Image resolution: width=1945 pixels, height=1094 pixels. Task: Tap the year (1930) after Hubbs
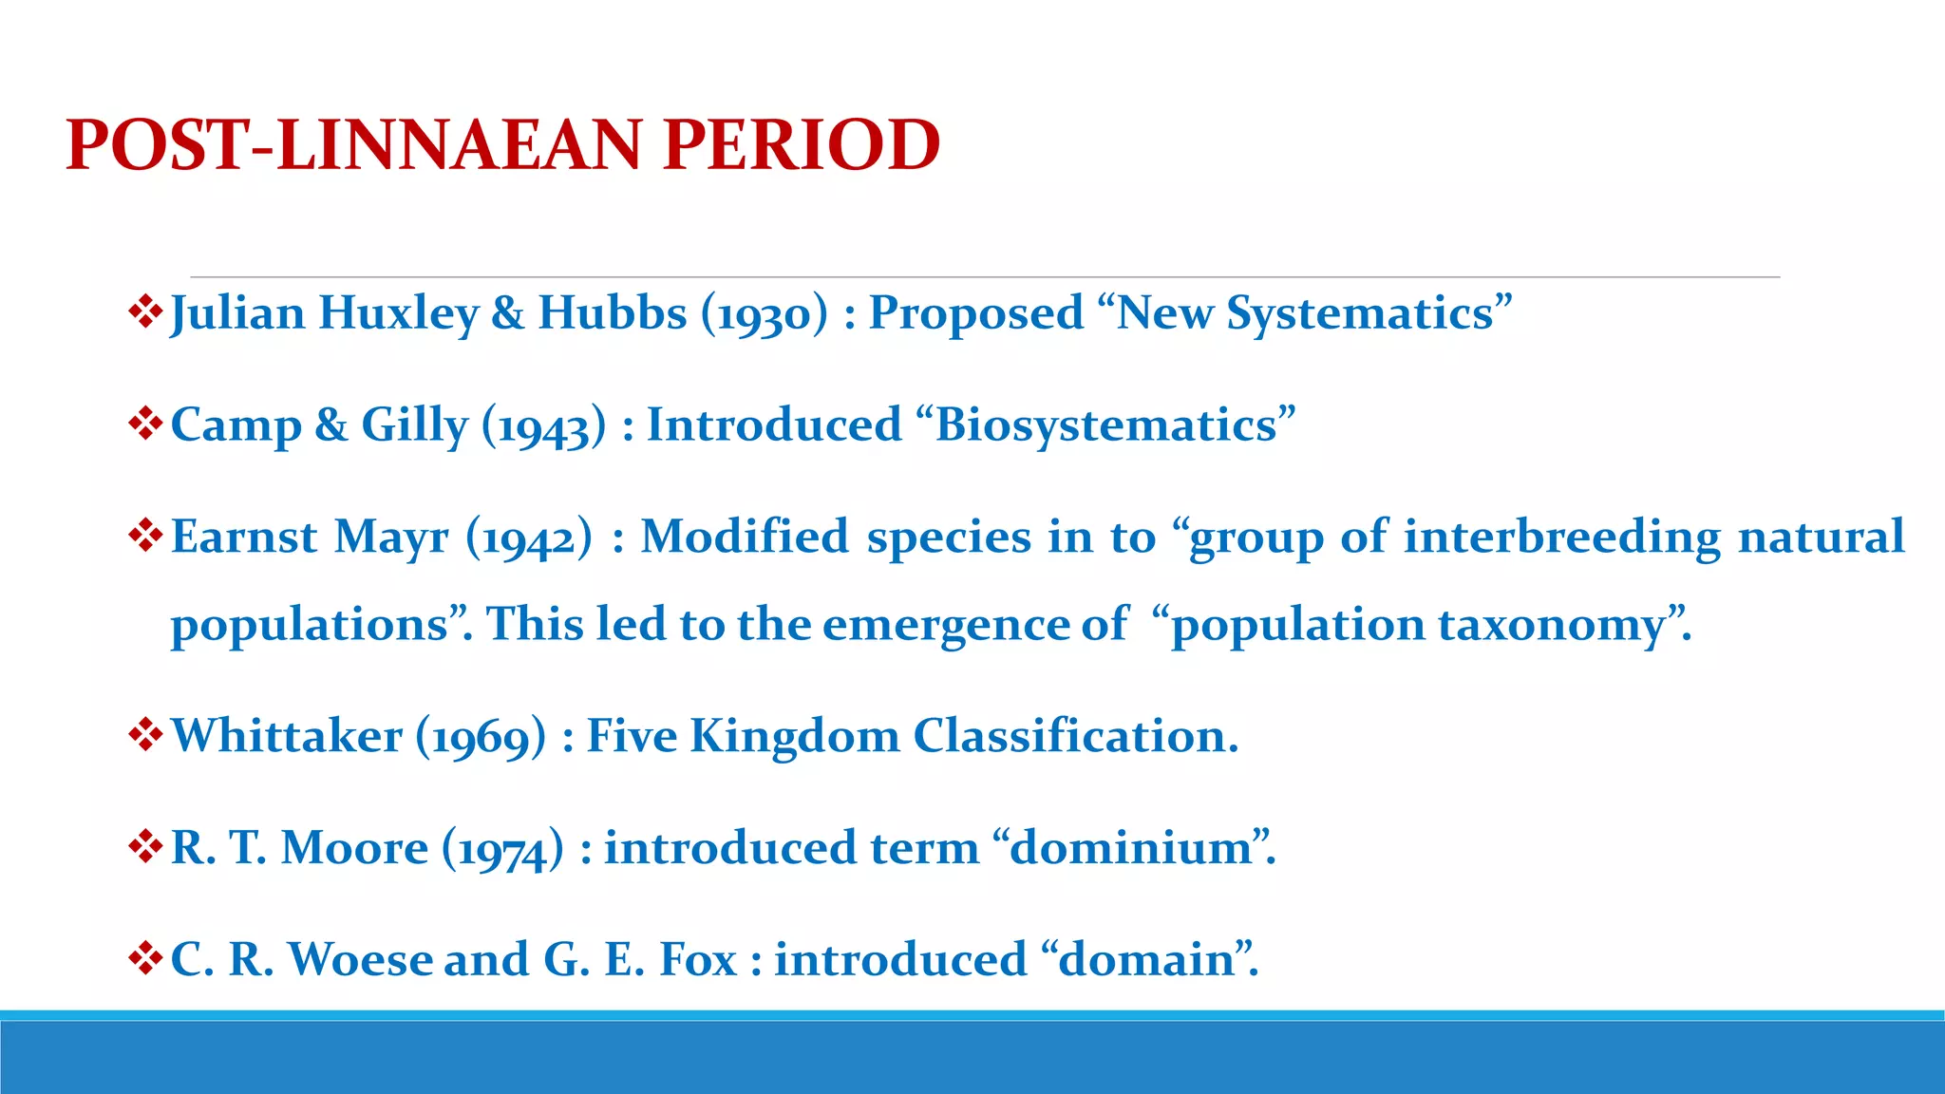pos(765,313)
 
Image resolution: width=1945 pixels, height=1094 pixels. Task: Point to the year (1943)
pos(543,424)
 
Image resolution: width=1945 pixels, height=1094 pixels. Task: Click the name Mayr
pos(391,537)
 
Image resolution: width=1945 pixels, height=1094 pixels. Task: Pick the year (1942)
pos(529,537)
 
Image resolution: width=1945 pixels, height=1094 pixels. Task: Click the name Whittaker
pos(287,736)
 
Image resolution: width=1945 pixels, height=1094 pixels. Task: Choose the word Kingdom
pos(794,736)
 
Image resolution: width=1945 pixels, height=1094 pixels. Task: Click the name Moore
pos(354,847)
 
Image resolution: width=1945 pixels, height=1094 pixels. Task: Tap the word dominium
pos(1131,847)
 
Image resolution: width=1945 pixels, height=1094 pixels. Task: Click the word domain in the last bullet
pos(1145,959)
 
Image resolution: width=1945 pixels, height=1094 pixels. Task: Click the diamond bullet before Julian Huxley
pos(145,311)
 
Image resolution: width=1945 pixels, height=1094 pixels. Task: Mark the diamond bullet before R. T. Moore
pos(145,845)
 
